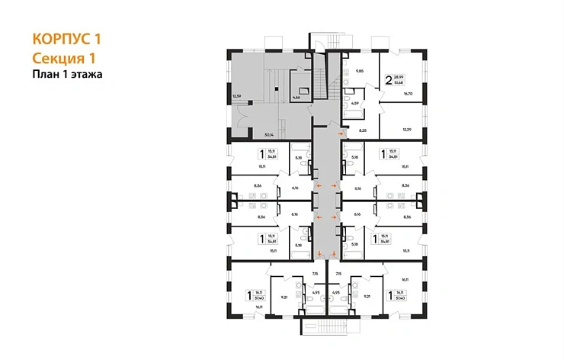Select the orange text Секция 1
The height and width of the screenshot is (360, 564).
(66, 58)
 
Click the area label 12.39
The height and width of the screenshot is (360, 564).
(237, 95)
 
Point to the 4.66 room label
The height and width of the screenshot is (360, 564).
(296, 98)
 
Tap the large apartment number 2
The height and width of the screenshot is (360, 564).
(389, 79)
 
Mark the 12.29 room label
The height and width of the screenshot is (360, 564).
(407, 130)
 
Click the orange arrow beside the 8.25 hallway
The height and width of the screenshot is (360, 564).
(341, 134)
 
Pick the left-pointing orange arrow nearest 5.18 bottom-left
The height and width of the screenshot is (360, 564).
(319, 218)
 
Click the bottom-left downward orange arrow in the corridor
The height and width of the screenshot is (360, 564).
(318, 254)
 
